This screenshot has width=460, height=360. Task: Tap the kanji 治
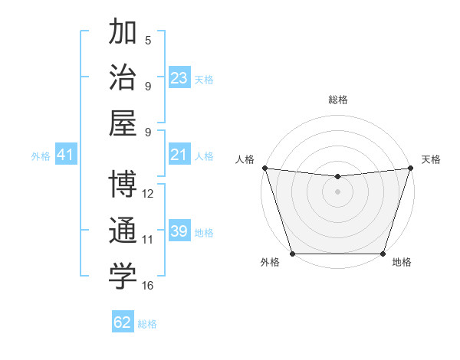point(123,77)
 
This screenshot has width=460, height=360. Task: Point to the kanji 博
point(123,185)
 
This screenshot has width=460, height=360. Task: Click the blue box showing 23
point(179,78)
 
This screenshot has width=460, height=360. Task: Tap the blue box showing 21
point(179,155)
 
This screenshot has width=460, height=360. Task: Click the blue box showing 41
point(65,155)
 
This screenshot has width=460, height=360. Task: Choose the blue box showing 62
point(123,322)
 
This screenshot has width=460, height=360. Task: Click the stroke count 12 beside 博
point(148,194)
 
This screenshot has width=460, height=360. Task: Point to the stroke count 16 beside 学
point(148,286)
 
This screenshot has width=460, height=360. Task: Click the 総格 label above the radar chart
point(337,100)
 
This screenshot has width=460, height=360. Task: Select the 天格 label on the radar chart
point(431,159)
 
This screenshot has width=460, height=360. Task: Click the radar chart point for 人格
point(264,168)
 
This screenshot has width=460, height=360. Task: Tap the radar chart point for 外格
point(292,254)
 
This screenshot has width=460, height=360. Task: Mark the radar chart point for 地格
point(383,254)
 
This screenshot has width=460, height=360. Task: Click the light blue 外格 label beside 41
point(41,156)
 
